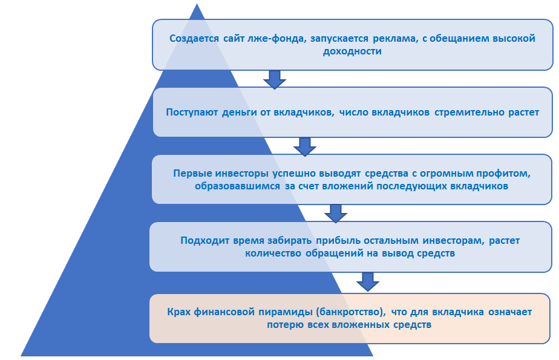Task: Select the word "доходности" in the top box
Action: coord(352,51)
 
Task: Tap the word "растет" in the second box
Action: coord(522,112)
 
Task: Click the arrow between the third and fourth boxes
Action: coord(335,213)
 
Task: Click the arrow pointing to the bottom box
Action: coord(367,281)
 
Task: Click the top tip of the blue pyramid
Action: coord(197,6)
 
